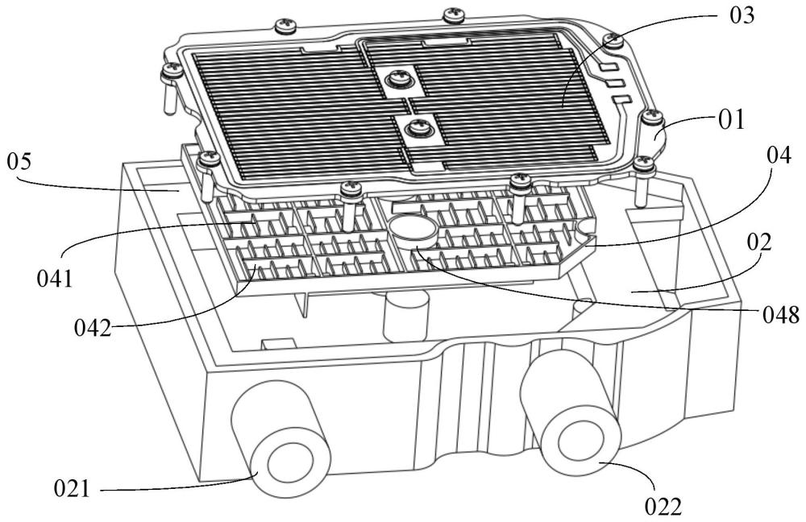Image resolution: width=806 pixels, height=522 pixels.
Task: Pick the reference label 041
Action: [55, 279]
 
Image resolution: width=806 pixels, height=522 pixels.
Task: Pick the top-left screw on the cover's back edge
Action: [285, 25]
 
